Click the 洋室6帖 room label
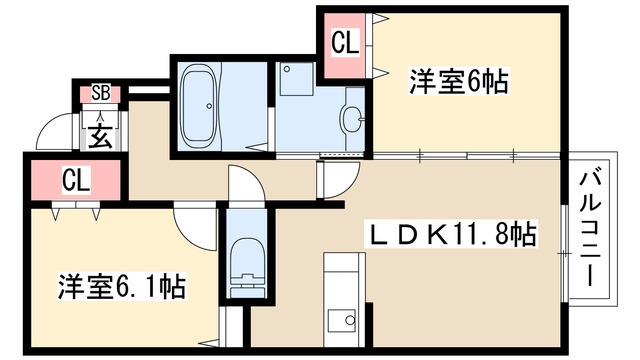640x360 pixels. click(x=458, y=81)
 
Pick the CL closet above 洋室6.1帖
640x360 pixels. click(x=75, y=180)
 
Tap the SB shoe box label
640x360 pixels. click(x=100, y=94)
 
